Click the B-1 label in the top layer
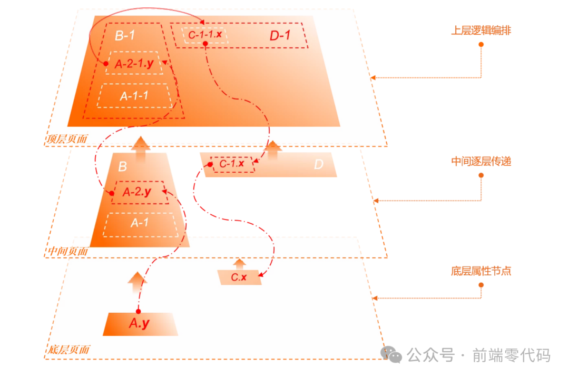pos(126,36)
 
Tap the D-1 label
pos(280,36)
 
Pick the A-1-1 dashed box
pos(134,96)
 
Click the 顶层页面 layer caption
pos(67,140)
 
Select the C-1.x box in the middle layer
pos(232,164)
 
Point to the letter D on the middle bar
pos(318,165)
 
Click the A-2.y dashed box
pos(137,193)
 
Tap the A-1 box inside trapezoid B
pos(139,223)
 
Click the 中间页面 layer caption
pos(68,251)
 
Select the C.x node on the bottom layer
pos(239,277)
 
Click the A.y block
pos(139,324)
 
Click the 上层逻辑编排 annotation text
pos(481,31)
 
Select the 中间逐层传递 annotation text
pos(481,162)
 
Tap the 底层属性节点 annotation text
pos(481,272)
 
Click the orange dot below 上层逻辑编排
pos(481,44)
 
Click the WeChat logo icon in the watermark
pos(392,354)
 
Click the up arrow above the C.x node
pos(240,263)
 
